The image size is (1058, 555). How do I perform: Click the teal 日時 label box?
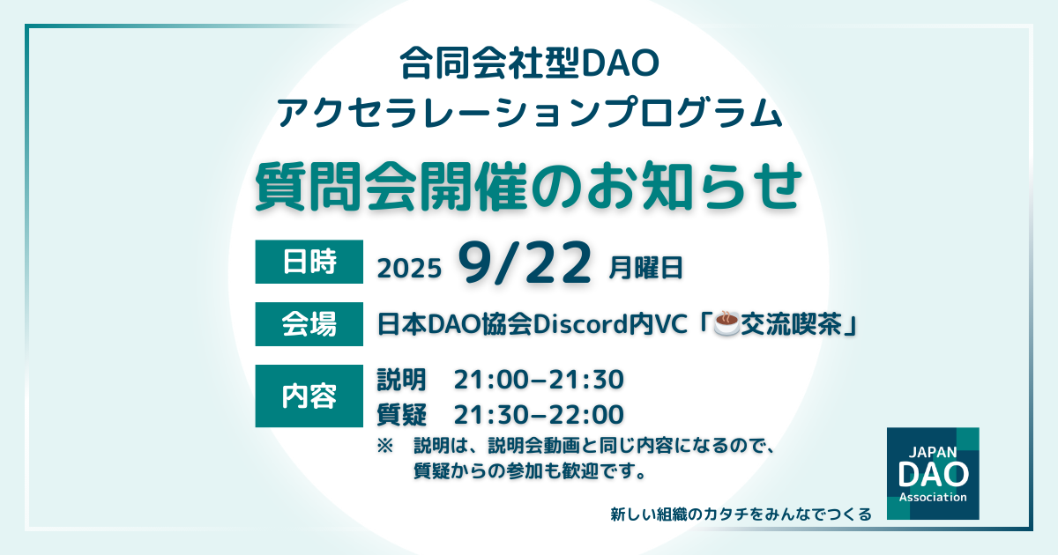tap(309, 262)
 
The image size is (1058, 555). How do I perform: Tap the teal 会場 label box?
tap(309, 324)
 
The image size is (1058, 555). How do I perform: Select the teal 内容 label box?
tap(309, 396)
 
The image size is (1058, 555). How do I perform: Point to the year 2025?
tap(409, 269)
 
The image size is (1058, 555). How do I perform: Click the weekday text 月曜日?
tap(645, 268)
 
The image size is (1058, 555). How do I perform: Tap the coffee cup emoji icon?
tap(726, 323)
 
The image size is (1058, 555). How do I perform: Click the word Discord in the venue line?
tap(580, 324)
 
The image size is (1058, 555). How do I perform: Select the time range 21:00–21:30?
tap(539, 380)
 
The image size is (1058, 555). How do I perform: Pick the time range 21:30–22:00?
tap(539, 415)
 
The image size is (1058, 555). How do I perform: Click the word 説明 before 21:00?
tap(401, 380)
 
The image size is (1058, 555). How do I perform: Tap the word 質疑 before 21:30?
tap(401, 415)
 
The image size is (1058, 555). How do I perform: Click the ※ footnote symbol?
tap(385, 446)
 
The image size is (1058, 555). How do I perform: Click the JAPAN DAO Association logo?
tap(933, 473)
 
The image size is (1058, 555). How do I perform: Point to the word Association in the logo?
tap(933, 498)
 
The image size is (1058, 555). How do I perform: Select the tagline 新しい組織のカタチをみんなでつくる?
tap(741, 514)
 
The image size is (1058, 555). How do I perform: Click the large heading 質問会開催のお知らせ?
tap(528, 186)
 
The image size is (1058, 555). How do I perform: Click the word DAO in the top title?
tap(619, 63)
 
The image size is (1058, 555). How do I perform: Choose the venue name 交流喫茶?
tap(791, 324)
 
